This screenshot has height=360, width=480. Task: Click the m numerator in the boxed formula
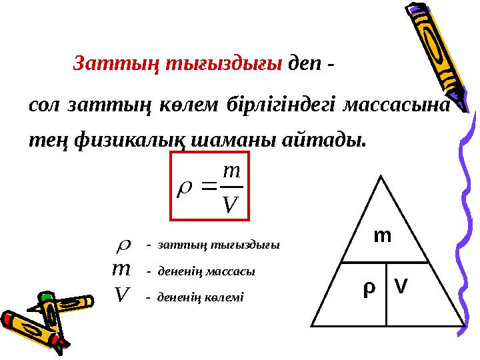[229, 172]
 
